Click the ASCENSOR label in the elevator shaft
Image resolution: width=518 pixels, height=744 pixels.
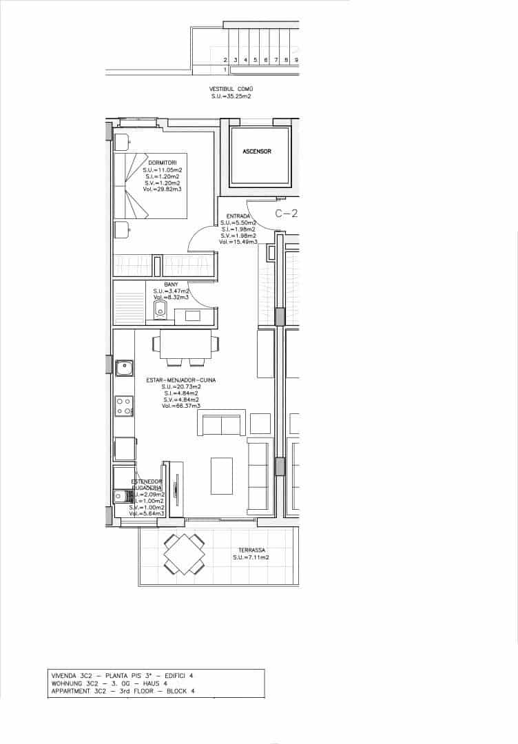[x=257, y=151]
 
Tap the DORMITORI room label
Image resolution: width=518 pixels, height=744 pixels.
[x=162, y=163]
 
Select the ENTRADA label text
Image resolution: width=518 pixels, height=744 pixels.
[x=238, y=216]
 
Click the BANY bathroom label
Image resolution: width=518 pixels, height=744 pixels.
[x=172, y=285]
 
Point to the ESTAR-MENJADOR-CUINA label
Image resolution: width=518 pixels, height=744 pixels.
[x=180, y=380]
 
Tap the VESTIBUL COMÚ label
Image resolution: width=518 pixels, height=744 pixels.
[x=231, y=90]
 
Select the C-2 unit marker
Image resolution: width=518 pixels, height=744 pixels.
[x=286, y=214]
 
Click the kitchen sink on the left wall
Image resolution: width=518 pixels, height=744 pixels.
[x=124, y=368]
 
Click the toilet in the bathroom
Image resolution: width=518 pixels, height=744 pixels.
[x=160, y=309]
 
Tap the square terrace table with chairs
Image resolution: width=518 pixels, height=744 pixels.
[x=184, y=554]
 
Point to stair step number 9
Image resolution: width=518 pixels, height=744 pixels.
[x=296, y=61]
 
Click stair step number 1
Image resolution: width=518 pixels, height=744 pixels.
[x=225, y=70]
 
